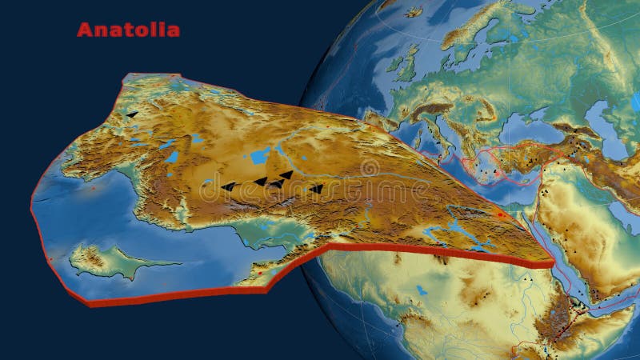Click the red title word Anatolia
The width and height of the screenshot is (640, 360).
(128, 30)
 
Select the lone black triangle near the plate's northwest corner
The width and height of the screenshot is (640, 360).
(132, 115)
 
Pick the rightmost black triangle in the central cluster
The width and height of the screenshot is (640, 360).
(317, 190)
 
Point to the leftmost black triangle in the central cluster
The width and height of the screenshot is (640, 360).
(229, 187)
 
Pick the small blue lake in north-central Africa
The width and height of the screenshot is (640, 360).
(422, 290)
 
